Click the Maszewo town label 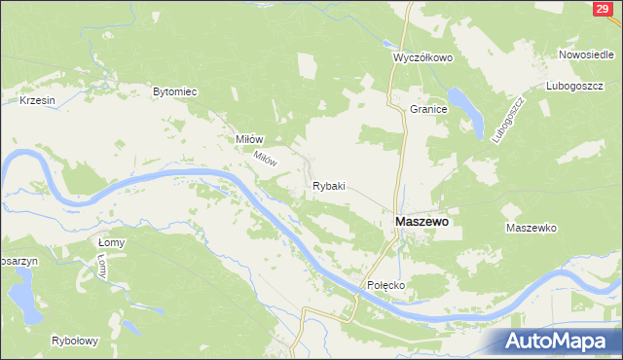pos(421,222)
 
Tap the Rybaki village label pos(328,185)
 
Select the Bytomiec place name pos(175,91)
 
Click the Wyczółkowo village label pos(423,57)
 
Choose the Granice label pos(428,109)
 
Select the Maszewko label pos(531,228)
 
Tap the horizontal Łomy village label pos(113,238)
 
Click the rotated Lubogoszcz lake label pos(507,121)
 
